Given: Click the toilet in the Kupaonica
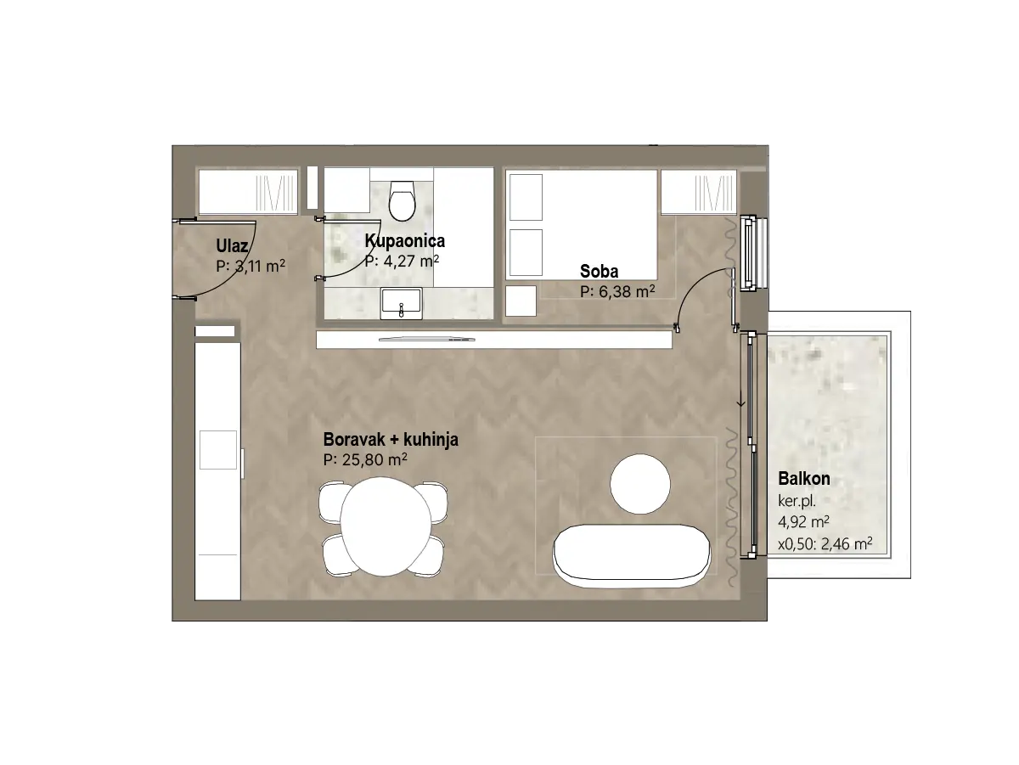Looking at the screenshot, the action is point(402,200).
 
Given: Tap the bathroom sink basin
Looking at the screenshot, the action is point(401,303).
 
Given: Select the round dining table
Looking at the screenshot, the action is point(384,526).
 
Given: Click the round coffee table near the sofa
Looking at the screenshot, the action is point(639,483).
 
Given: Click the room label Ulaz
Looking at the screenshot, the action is point(232,245).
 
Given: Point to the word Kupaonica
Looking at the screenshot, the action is point(404,240).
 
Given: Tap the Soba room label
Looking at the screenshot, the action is point(599,271).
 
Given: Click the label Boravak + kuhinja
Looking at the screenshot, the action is point(391,439).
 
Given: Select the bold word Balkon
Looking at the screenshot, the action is point(804,478).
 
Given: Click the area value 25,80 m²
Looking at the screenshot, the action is point(374,459).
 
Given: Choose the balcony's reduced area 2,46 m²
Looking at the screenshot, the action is point(847,544).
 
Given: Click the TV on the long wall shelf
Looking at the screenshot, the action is point(427,340).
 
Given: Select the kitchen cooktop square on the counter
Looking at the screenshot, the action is point(218,450).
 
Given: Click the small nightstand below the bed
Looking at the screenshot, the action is point(521,301).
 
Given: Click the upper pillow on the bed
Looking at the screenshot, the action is point(526,197).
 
